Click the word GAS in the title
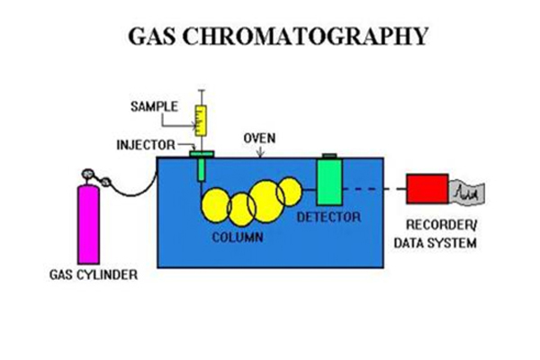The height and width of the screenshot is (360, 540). pyautogui.click(x=151, y=36)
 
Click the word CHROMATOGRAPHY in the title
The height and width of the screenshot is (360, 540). pyautogui.click(x=305, y=36)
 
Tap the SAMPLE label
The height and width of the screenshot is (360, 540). pyautogui.click(x=154, y=106)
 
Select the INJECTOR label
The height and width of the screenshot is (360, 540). pyautogui.click(x=146, y=145)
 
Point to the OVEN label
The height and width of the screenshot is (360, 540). pyautogui.click(x=259, y=138)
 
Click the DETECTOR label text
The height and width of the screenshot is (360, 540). pyautogui.click(x=328, y=217)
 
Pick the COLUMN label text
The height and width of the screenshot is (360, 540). pyautogui.click(x=238, y=238)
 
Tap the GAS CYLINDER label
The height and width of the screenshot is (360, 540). pyautogui.click(x=94, y=274)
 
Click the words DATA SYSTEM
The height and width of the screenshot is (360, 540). pyautogui.click(x=436, y=243)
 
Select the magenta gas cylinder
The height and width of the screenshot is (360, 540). pyautogui.click(x=88, y=225)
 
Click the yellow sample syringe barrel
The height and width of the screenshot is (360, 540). pyautogui.click(x=201, y=121)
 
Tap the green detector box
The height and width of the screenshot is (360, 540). pyautogui.click(x=329, y=182)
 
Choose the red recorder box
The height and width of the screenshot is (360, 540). pyautogui.click(x=427, y=189)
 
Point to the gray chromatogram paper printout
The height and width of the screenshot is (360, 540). pyautogui.click(x=466, y=194)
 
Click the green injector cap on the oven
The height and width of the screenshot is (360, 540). pyautogui.click(x=202, y=154)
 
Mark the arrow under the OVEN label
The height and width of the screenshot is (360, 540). pyautogui.click(x=260, y=152)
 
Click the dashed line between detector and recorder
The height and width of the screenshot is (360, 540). pyautogui.click(x=374, y=189)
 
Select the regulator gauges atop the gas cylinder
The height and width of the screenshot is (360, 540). pyautogui.click(x=95, y=177)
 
